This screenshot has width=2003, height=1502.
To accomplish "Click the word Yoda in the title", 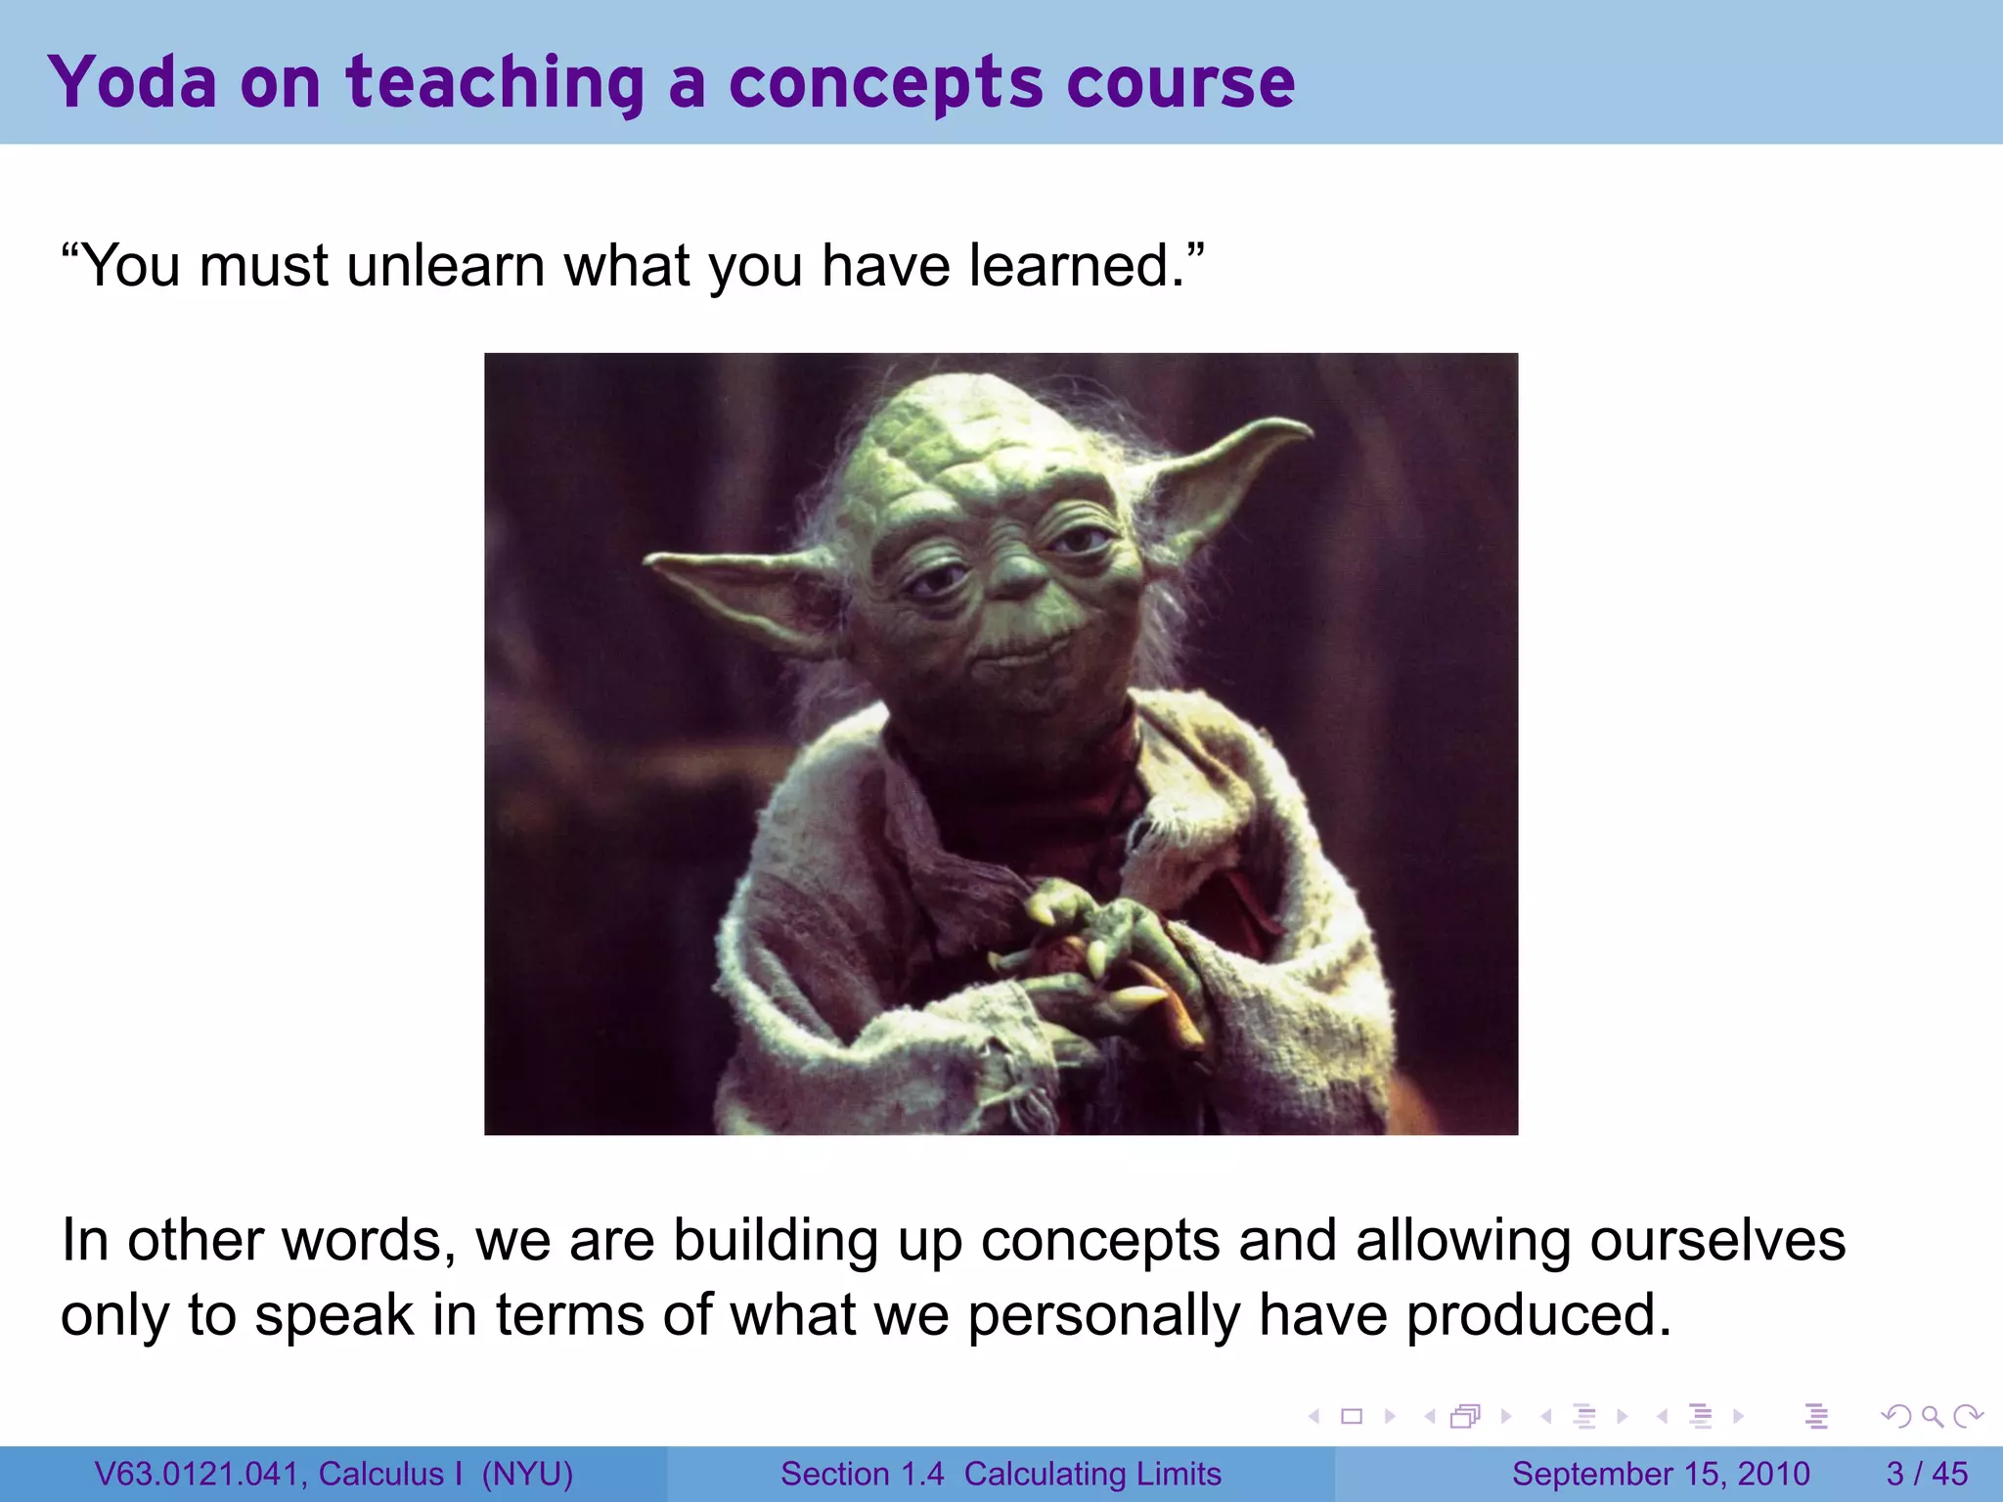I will (x=132, y=82).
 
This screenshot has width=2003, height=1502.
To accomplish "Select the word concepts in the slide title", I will (x=885, y=84).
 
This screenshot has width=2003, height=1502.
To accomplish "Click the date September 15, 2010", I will (x=1661, y=1474).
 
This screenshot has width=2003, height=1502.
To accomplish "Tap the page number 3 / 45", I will (x=1927, y=1474).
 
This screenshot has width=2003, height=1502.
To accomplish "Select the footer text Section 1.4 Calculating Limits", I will (x=1001, y=1474).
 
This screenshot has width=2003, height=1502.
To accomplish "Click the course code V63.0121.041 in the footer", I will (x=197, y=1474).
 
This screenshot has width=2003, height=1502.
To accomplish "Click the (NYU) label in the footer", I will (x=527, y=1474).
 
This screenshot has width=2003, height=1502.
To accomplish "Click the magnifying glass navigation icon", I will (x=1932, y=1416).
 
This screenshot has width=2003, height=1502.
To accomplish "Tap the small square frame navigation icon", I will (x=1352, y=1416).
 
